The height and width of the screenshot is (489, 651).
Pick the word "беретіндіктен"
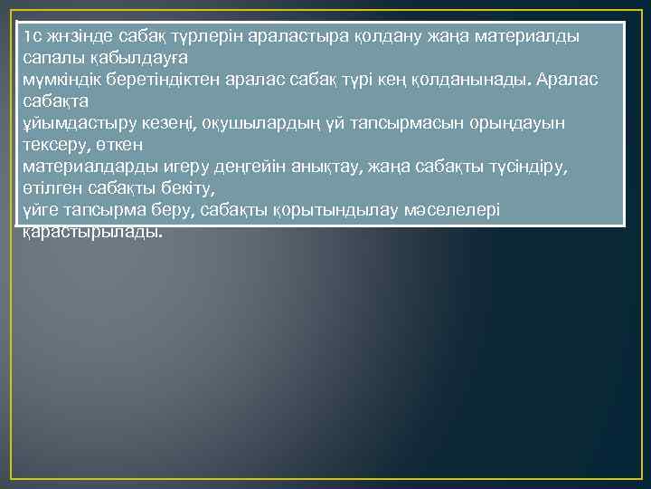[x=171, y=80]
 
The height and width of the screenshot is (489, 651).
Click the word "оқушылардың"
[x=243, y=123]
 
